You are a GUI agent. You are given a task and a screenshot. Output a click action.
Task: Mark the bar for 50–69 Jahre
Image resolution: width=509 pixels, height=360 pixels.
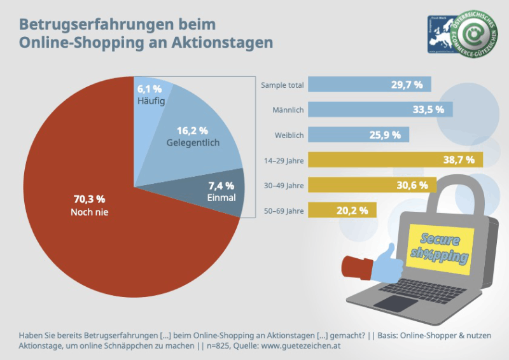point(344,210)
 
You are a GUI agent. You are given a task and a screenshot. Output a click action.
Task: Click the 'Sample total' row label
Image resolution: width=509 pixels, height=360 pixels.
point(282,85)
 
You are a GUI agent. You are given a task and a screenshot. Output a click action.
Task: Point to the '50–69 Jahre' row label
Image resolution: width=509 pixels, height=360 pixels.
point(282,210)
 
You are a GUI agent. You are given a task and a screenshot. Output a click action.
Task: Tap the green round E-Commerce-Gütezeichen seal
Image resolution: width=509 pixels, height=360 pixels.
point(477,32)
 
